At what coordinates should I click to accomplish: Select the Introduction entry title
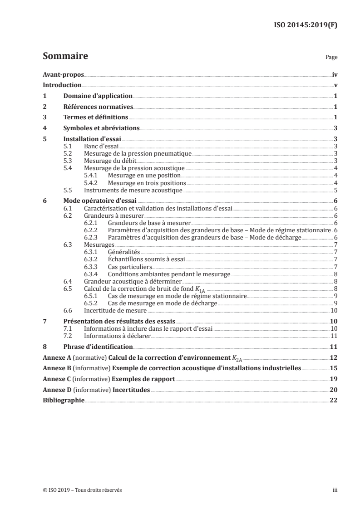tap(62, 85)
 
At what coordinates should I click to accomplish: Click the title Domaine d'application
tap(98, 96)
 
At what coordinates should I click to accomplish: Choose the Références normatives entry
tap(98, 107)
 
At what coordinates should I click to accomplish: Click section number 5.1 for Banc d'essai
tap(68, 147)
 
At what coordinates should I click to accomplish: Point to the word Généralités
tap(124, 251)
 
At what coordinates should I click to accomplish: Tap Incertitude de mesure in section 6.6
tap(115, 310)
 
